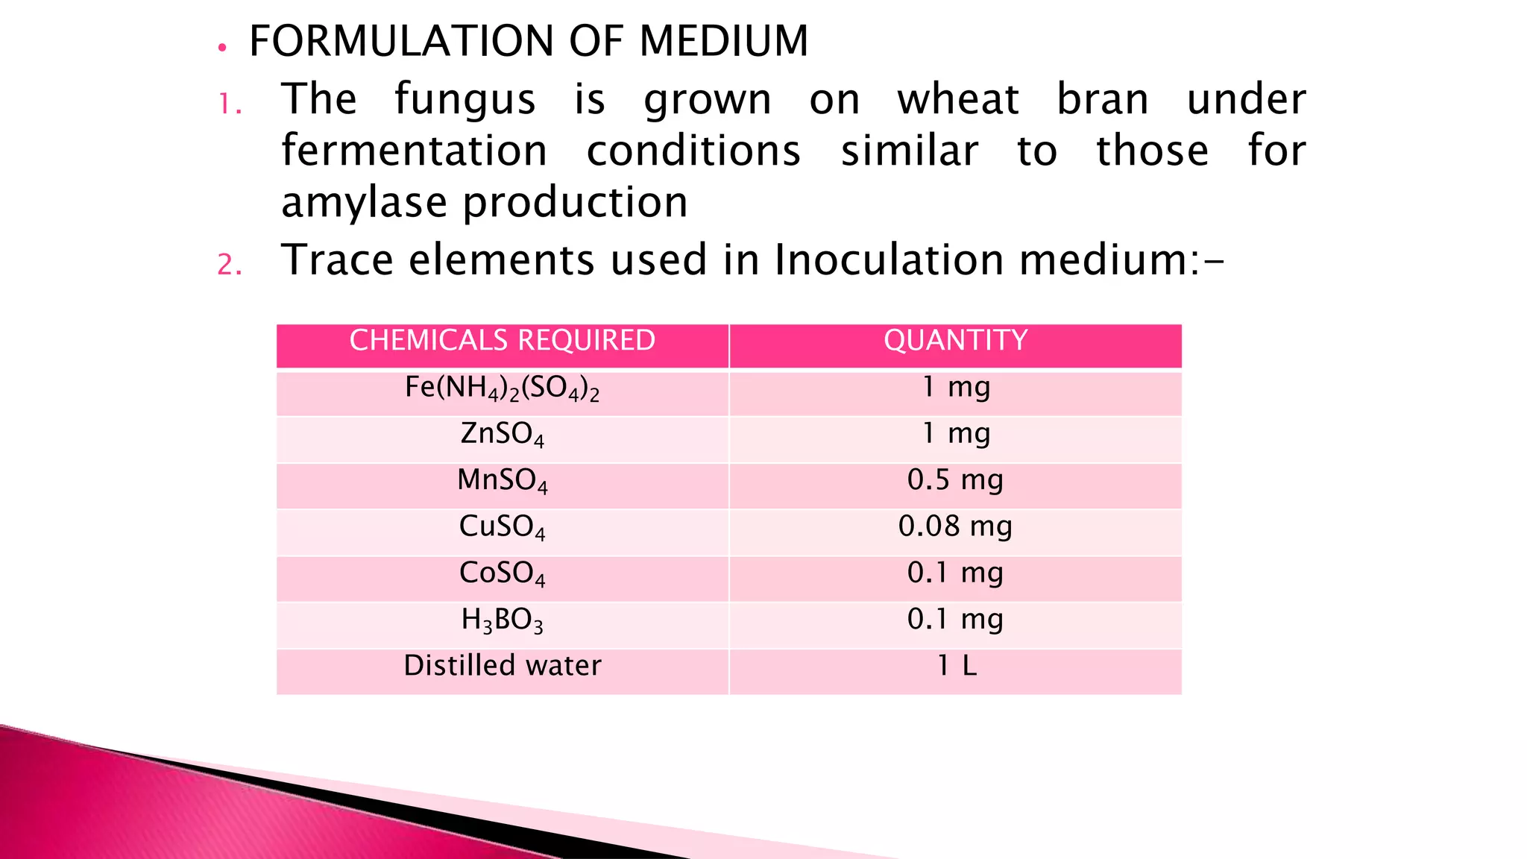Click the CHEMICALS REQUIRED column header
[x=502, y=341]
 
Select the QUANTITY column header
[x=955, y=341]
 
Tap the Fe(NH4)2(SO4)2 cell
[x=502, y=388]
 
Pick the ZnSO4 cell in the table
[x=502, y=434]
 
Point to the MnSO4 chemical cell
[x=502, y=481]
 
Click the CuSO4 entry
[x=502, y=527]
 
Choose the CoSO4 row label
[x=502, y=573]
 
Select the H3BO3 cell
[x=502, y=620]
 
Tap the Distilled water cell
[x=502, y=666]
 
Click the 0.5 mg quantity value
[x=955, y=480]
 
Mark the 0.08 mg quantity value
[x=955, y=526]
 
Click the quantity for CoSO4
[x=955, y=573]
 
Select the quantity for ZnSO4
[x=955, y=433]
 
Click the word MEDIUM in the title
[x=723, y=41]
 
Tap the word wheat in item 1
[x=957, y=100]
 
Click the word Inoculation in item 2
[x=889, y=260]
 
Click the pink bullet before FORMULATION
[x=221, y=48]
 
